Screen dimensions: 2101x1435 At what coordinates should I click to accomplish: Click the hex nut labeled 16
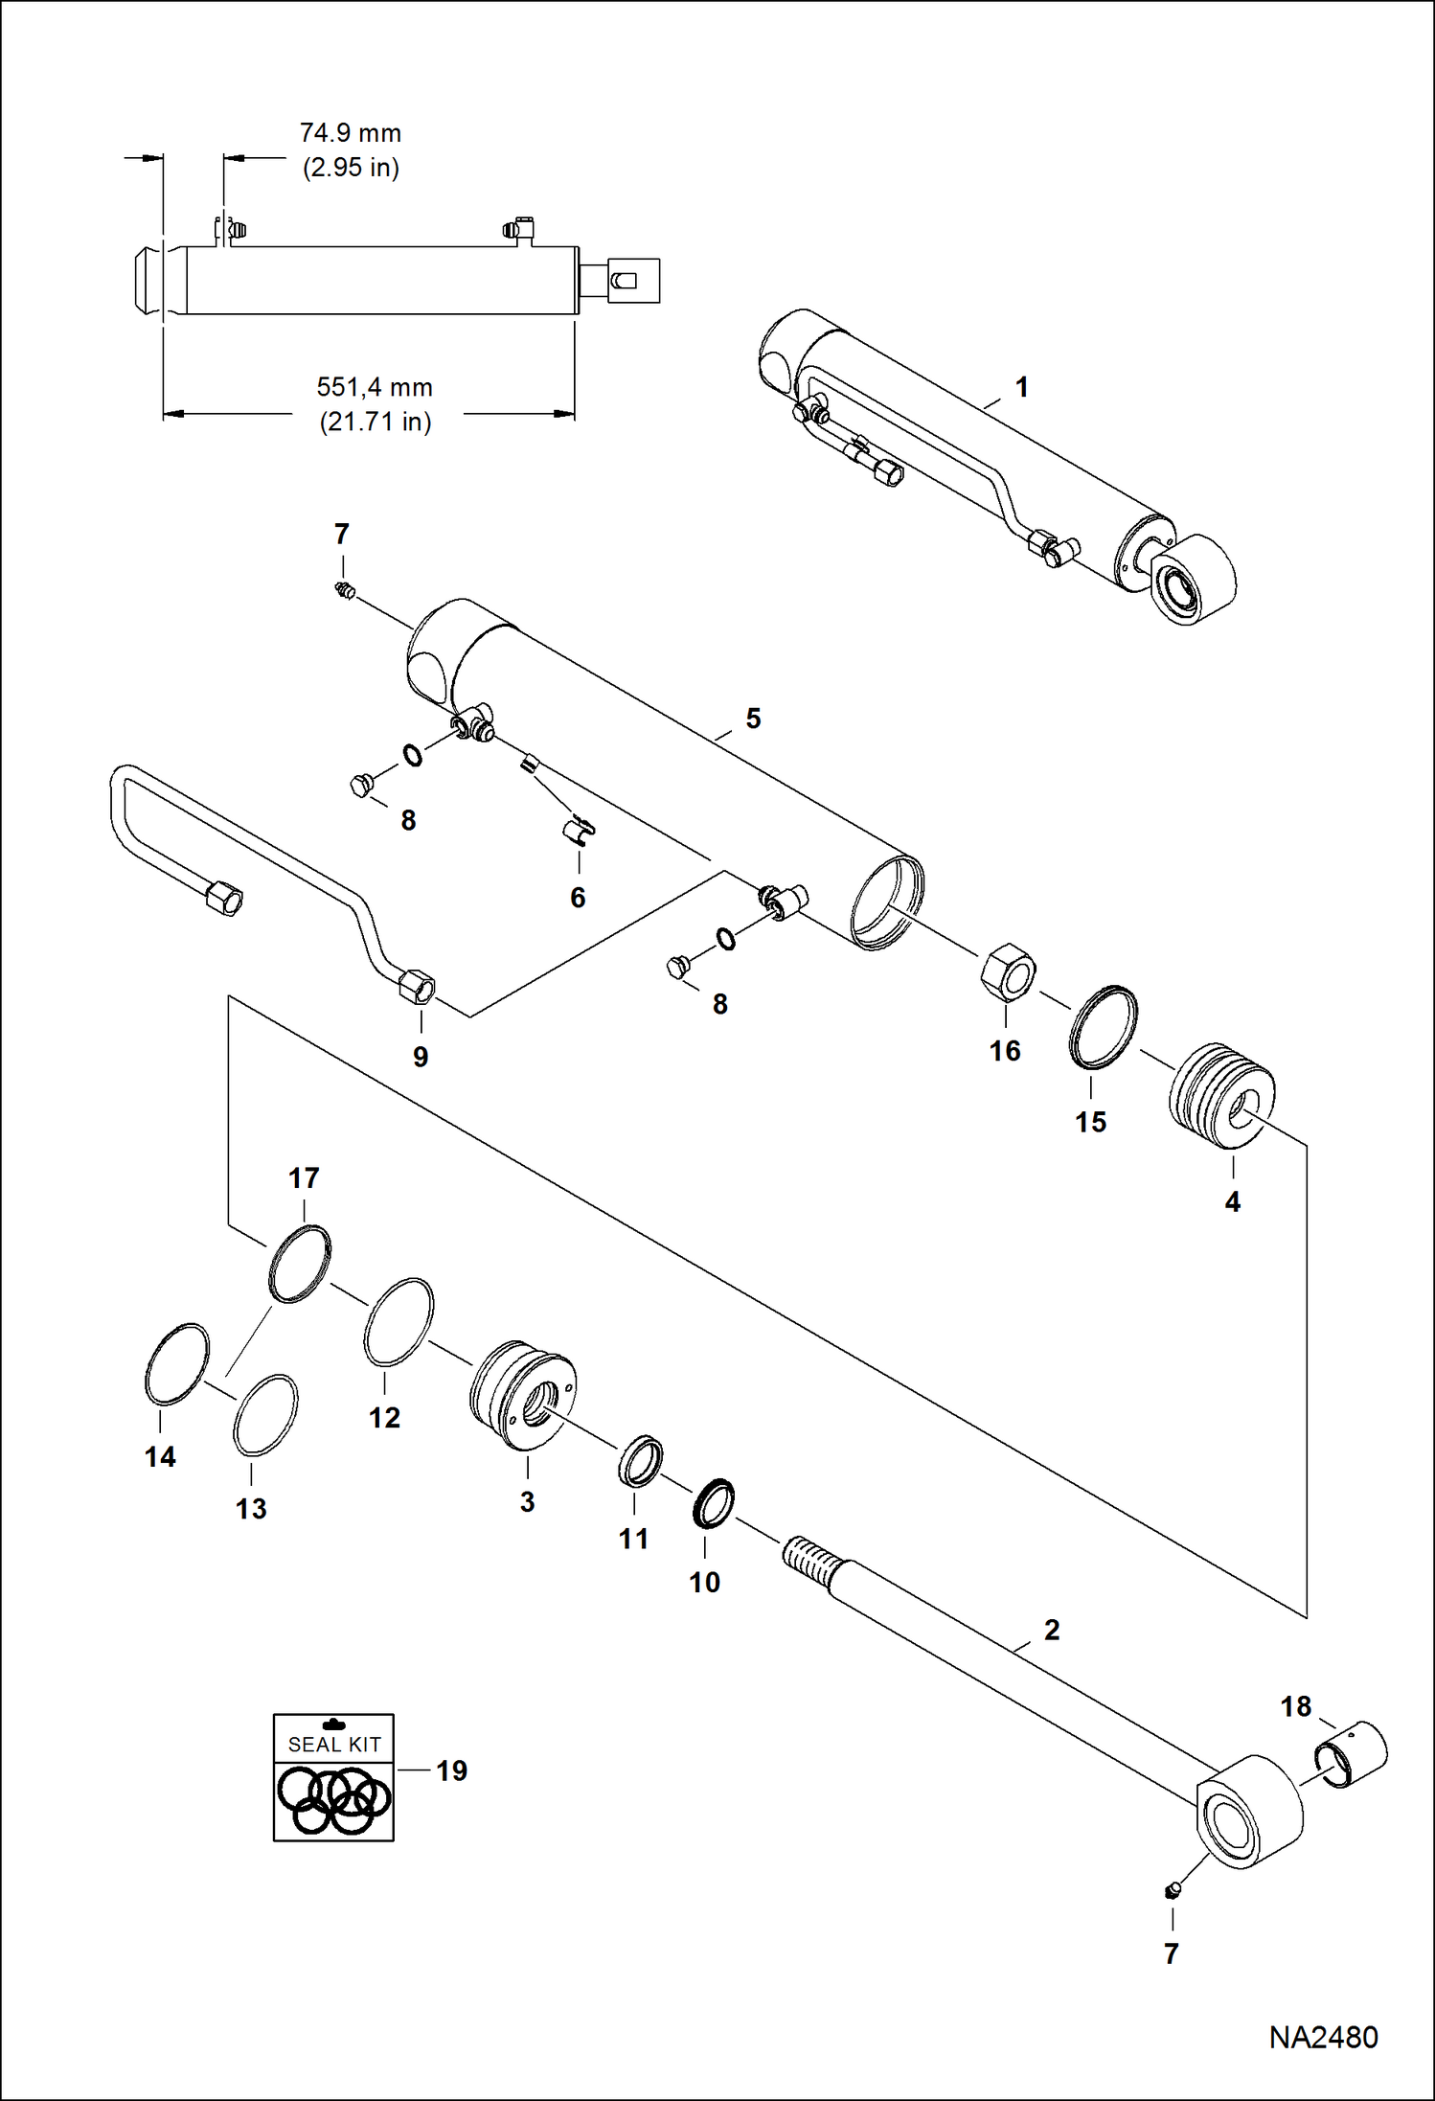pyautogui.click(x=1008, y=971)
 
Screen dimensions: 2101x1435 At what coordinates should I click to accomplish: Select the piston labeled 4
pyautogui.click(x=1222, y=1097)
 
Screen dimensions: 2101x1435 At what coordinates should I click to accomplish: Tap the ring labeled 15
pyautogui.click(x=1104, y=1026)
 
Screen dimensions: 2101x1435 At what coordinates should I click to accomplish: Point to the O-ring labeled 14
pyautogui.click(x=176, y=1363)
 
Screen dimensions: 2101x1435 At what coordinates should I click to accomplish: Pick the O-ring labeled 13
pyautogui.click(x=264, y=1415)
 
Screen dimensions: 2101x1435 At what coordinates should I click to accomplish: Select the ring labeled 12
pyautogui.click(x=399, y=1321)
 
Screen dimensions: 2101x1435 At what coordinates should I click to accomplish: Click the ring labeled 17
pyautogui.click(x=300, y=1264)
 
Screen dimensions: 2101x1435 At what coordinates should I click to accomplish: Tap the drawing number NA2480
pyautogui.click(x=1323, y=2036)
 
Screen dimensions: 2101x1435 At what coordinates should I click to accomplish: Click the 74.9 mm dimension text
pyautogui.click(x=351, y=133)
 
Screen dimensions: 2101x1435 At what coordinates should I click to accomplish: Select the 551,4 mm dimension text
pyautogui.click(x=375, y=388)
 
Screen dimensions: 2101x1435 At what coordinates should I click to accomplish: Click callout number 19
pyautogui.click(x=452, y=1771)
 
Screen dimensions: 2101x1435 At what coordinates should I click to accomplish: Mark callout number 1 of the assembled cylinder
pyautogui.click(x=1022, y=387)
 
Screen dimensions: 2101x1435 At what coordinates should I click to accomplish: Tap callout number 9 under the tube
pyautogui.click(x=421, y=1057)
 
